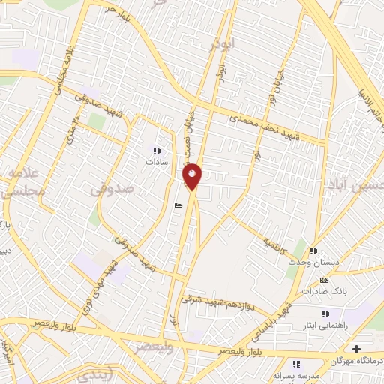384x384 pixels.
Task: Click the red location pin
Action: [x=193, y=176]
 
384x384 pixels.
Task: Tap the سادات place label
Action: [x=156, y=161]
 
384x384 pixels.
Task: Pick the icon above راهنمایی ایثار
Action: [x=325, y=313]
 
